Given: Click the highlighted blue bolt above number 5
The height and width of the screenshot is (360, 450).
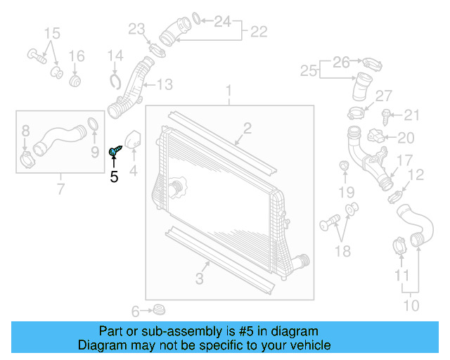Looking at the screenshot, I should click(x=115, y=150).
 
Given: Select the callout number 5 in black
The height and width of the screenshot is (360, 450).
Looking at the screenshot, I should click(x=114, y=177).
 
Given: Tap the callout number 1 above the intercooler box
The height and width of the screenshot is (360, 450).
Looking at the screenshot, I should click(x=228, y=91).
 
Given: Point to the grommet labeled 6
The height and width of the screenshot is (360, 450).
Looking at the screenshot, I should click(x=159, y=309).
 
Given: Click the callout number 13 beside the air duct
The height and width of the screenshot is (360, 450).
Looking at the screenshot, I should click(x=164, y=85).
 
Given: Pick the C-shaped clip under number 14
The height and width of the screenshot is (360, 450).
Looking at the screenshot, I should click(x=117, y=82).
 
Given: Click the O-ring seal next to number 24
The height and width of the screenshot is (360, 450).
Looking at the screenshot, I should click(x=198, y=18).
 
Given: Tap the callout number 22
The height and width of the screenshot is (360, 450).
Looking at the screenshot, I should click(x=258, y=31).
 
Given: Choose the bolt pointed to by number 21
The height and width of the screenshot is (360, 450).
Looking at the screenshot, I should click(x=386, y=114).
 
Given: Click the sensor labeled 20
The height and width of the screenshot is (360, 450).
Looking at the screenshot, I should click(x=380, y=137).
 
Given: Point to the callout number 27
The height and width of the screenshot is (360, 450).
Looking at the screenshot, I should click(x=383, y=96).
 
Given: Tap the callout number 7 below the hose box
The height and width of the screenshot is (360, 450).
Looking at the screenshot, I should click(x=60, y=188).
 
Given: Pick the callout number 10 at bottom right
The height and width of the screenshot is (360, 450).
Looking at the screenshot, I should click(x=411, y=306).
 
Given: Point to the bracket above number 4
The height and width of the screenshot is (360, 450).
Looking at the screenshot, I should click(x=132, y=139).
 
